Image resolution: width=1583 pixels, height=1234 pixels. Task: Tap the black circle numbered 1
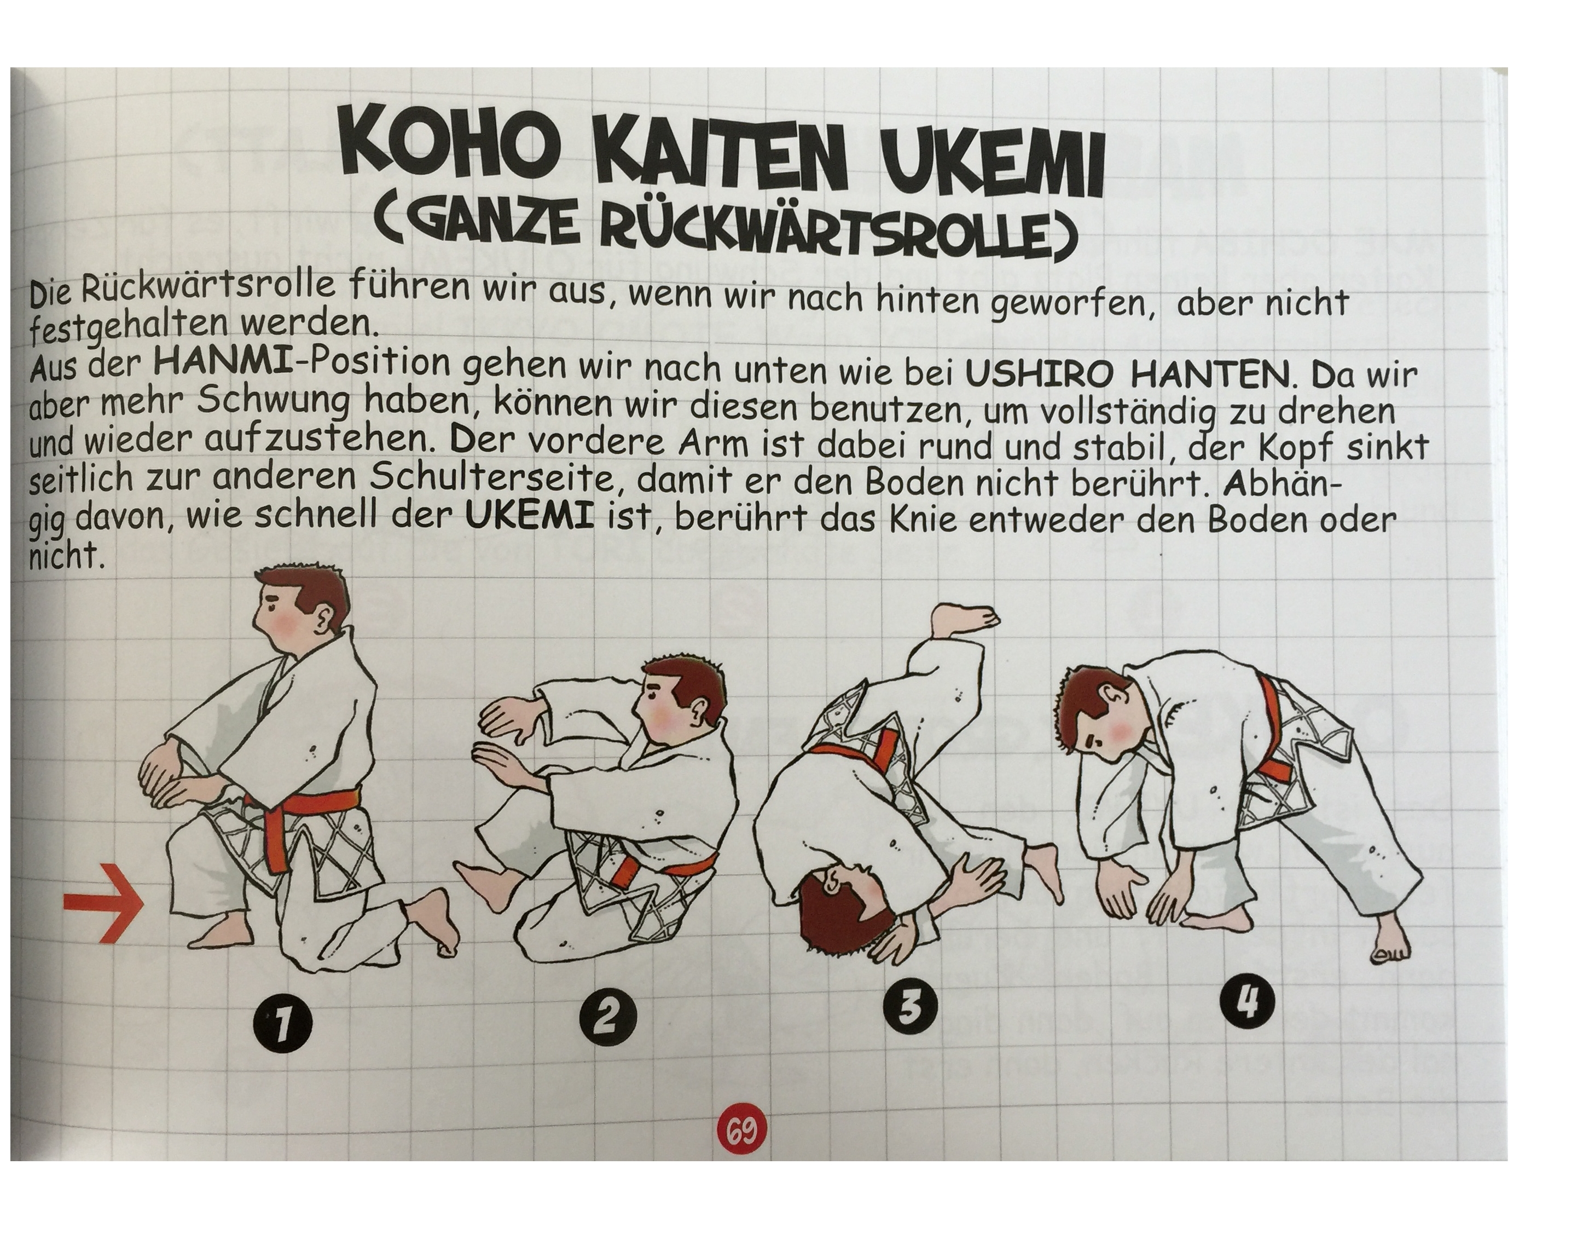point(283,1028)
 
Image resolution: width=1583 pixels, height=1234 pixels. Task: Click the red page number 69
point(741,1131)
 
